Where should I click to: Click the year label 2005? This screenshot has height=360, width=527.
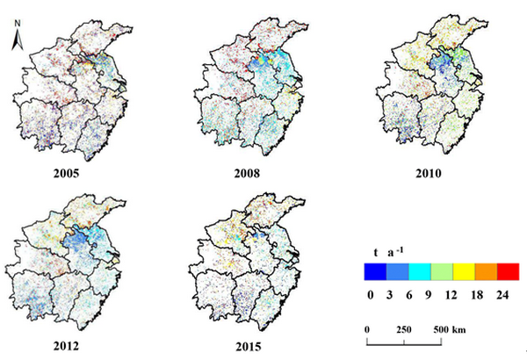pos(67,173)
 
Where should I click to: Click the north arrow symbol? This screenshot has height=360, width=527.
pos(17,36)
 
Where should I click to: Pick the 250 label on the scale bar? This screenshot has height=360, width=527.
pos(404,328)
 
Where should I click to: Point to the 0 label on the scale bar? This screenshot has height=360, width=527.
pos(368,328)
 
